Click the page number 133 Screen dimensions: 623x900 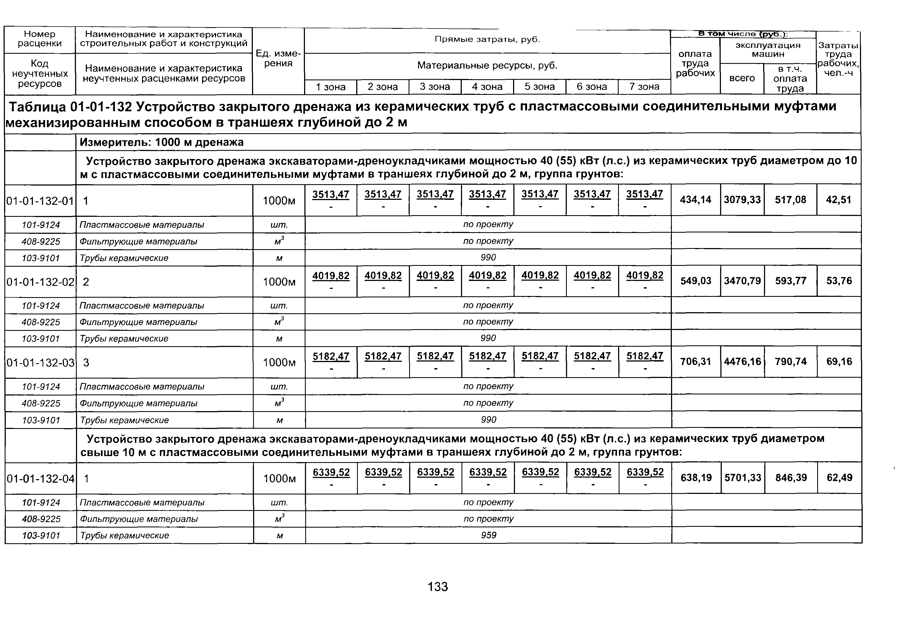click(x=438, y=587)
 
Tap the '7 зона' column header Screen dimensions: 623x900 click(x=644, y=87)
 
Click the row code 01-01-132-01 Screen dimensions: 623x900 click(x=40, y=201)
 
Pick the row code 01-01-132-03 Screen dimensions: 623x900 click(x=41, y=363)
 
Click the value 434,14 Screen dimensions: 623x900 click(x=695, y=200)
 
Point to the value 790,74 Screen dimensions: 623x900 click(x=791, y=362)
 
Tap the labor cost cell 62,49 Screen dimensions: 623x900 click(x=839, y=477)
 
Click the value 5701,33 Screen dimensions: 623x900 click(x=743, y=477)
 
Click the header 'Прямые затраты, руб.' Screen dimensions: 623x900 click(x=487, y=39)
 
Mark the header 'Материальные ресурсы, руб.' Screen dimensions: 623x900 click(x=487, y=66)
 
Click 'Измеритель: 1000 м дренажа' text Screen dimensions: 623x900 click(x=162, y=142)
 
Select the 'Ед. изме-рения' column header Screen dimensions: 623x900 click(x=278, y=59)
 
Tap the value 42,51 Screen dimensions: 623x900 click(x=838, y=200)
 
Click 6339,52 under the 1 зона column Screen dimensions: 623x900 click(x=331, y=472)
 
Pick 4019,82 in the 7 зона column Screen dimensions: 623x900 click(x=645, y=275)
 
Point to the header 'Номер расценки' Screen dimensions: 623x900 click(x=40, y=39)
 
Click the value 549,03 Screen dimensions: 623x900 click(x=696, y=281)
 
